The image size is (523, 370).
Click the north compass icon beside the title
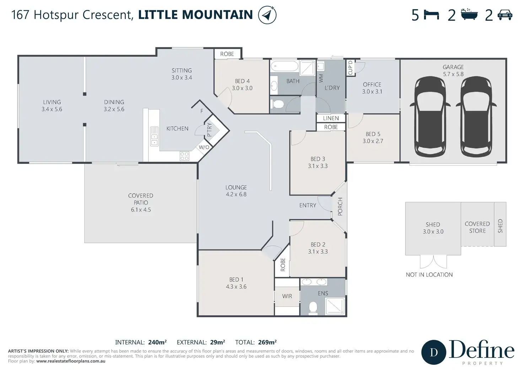pyautogui.click(x=267, y=15)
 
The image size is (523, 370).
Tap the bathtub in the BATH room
pyautogui.click(x=285, y=66)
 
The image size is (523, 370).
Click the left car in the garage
pyautogui.click(x=430, y=117)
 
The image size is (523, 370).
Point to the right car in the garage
pyautogui.click(x=476, y=117)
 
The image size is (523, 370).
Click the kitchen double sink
pyautogui.click(x=154, y=136)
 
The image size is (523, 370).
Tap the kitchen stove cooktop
pyautogui.click(x=184, y=156)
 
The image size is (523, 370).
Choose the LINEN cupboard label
pyautogui.click(x=331, y=118)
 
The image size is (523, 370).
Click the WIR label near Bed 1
pyautogui.click(x=287, y=296)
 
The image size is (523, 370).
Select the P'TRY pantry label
pyautogui.click(x=209, y=130)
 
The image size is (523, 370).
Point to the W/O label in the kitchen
pyautogui.click(x=204, y=148)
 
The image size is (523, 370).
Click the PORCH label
pyautogui.click(x=340, y=207)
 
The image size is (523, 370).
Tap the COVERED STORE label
pyautogui.click(x=477, y=227)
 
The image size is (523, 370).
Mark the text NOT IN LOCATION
pyautogui.click(x=429, y=275)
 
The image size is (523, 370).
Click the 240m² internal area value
pyautogui.click(x=157, y=342)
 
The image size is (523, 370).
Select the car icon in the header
pyautogui.click(x=505, y=15)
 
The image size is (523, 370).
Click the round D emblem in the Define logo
pyautogui.click(x=434, y=352)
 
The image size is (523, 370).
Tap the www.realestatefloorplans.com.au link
pyautogui.click(x=71, y=361)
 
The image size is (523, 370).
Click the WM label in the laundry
pyautogui.click(x=321, y=78)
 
